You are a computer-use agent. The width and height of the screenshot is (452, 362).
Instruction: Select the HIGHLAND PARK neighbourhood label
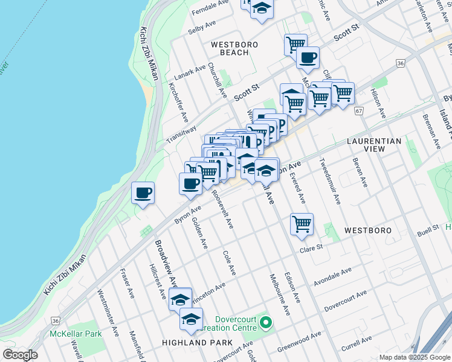tap(197, 343)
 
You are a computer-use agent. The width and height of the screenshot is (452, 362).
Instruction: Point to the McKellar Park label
tap(76, 333)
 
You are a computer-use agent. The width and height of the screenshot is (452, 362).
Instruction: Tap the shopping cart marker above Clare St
tap(302, 224)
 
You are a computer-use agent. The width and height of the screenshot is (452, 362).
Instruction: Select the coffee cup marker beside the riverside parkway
tap(143, 194)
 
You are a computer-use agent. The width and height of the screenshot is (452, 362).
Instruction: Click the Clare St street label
tap(312, 247)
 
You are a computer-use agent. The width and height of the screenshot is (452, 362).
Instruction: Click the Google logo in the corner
tap(20, 355)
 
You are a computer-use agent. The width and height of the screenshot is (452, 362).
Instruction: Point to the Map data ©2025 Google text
tap(415, 357)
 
